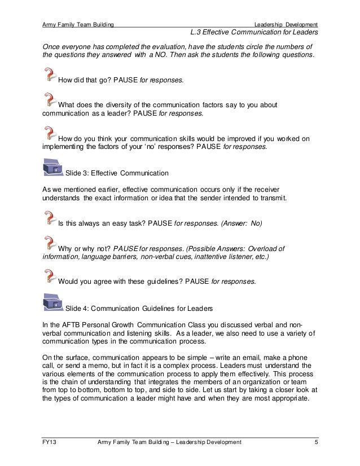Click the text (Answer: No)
(x=241, y=223)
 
